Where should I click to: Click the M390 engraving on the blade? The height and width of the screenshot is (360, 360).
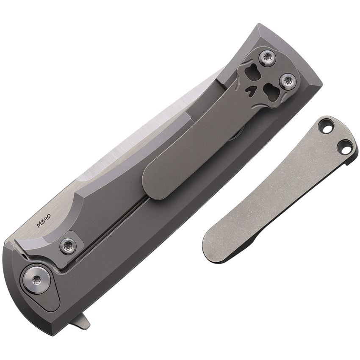click(44, 220)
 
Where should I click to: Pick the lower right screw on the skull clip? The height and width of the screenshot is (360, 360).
click(287, 81)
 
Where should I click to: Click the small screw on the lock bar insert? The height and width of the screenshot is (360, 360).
click(67, 245)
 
